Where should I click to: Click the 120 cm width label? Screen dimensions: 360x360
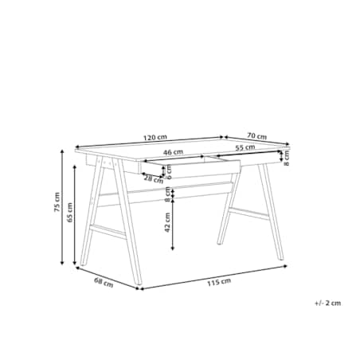[155, 138]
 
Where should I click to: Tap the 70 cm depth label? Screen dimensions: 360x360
[256, 136]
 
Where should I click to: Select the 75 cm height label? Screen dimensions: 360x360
[57, 202]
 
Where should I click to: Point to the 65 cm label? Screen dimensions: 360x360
[69, 213]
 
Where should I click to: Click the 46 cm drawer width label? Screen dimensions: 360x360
[173, 152]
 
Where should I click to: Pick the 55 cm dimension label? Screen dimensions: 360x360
[245, 147]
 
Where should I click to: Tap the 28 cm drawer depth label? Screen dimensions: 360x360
[154, 179]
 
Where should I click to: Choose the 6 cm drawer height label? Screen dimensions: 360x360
[169, 172]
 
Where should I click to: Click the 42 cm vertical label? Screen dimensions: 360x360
[167, 222]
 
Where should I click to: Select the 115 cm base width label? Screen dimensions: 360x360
[219, 282]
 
